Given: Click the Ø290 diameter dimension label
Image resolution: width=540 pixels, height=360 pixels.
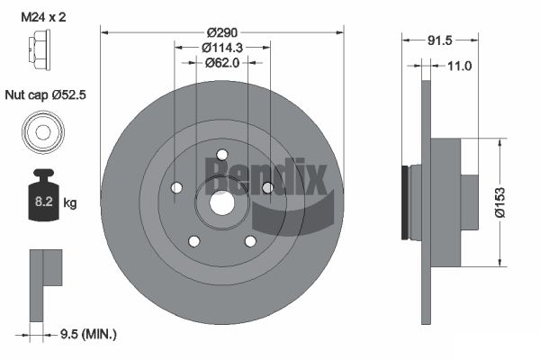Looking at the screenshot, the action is [x=222, y=32].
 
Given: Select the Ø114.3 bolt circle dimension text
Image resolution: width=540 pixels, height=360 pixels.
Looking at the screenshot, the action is [x=222, y=48].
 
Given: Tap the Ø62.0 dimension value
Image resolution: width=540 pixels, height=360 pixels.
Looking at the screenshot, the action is [x=222, y=63].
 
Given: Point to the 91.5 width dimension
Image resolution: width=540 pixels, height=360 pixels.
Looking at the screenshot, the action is [x=439, y=40].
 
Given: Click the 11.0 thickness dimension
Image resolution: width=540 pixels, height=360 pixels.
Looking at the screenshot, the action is [x=459, y=66].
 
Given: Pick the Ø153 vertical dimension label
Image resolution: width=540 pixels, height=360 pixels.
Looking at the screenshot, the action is [x=499, y=202].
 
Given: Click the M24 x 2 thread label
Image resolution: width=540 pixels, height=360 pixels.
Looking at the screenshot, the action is [x=43, y=17].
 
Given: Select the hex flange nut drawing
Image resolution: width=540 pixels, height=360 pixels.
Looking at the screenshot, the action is [x=40, y=49].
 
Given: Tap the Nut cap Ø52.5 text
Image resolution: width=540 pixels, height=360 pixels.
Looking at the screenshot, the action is [x=46, y=94].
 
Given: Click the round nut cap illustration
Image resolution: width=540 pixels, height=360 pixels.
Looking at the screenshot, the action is [x=43, y=132].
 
